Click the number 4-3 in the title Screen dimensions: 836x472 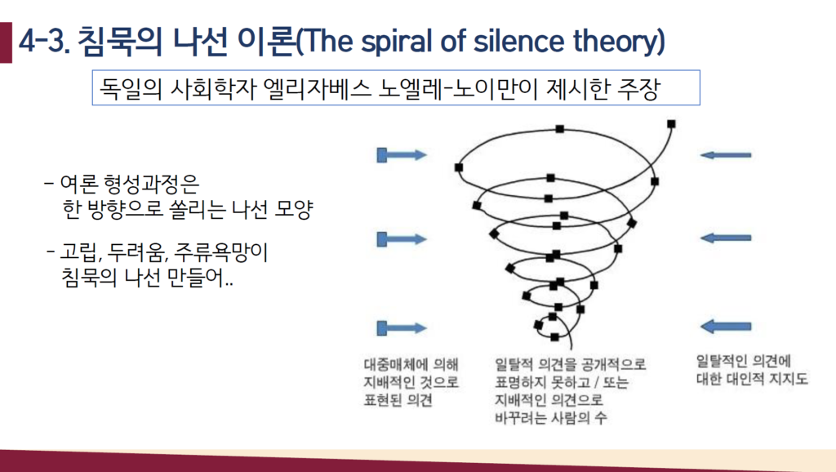pyautogui.click(x=44, y=42)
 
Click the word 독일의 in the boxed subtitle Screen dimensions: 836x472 pyautogui.click(x=131, y=88)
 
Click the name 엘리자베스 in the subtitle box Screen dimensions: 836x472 pyautogui.click(x=318, y=88)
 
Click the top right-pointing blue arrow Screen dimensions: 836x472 pyautogui.click(x=402, y=155)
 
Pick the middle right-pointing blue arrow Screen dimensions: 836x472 pyautogui.click(x=402, y=239)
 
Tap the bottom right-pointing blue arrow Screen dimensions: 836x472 pyautogui.click(x=402, y=328)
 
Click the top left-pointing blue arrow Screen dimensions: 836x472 pyautogui.click(x=725, y=155)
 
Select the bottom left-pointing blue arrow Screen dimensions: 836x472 pyautogui.click(x=725, y=326)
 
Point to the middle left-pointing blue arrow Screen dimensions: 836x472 pyautogui.click(x=725, y=238)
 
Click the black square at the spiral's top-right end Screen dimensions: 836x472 pyautogui.click(x=671, y=124)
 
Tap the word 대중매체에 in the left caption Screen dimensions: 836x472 pyautogui.click(x=396, y=364)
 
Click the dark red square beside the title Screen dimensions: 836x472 pyautogui.click(x=6, y=42)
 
